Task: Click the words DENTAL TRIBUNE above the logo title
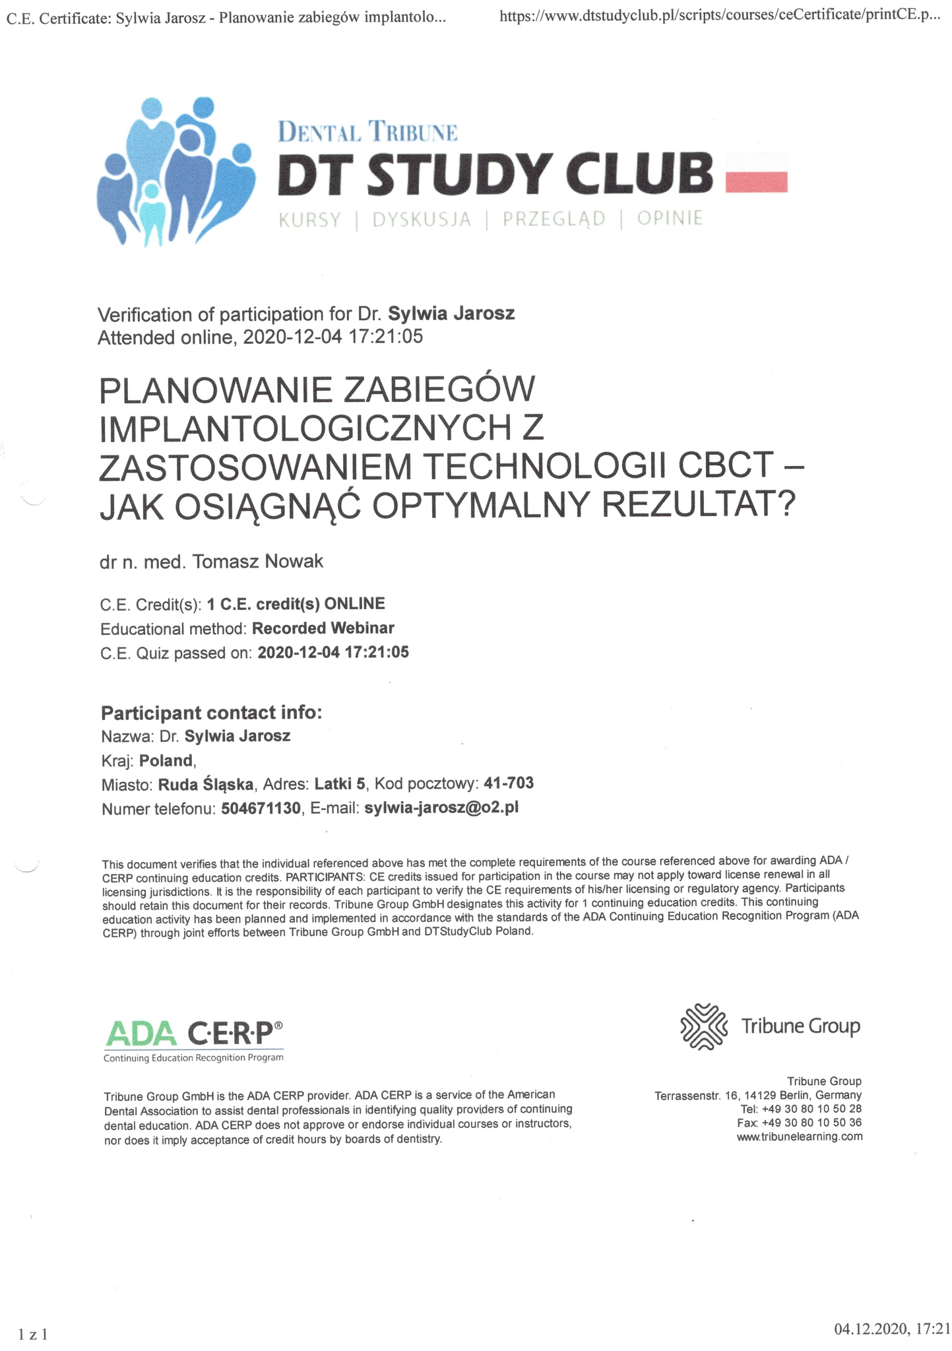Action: coord(367,131)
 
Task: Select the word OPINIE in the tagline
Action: coord(670,218)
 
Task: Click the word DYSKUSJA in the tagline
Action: coord(422,219)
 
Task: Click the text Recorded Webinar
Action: coord(323,628)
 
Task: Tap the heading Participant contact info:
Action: coord(211,712)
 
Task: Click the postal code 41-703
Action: coord(509,783)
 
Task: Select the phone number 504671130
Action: coord(261,808)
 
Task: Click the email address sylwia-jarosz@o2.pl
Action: coord(441,807)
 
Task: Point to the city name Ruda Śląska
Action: coord(206,785)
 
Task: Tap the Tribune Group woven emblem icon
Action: coord(703,1026)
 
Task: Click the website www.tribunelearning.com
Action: coord(800,1136)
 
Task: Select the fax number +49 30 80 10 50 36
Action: coord(811,1122)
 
